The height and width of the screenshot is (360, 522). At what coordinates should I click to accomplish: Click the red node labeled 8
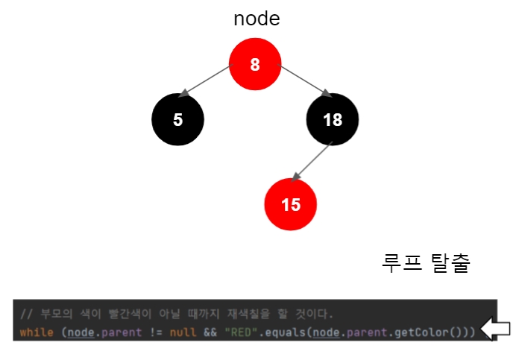[x=255, y=65]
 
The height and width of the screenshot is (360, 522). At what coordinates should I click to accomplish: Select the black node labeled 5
[x=177, y=119]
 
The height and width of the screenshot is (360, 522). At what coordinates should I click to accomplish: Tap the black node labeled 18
[x=333, y=119]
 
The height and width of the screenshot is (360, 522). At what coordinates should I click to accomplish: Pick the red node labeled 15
[x=291, y=204]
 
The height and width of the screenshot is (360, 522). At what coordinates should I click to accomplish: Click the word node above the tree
[x=257, y=19]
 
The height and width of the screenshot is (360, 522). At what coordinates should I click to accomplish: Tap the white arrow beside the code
[x=496, y=329]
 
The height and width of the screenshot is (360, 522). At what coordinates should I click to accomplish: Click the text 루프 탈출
[x=426, y=263]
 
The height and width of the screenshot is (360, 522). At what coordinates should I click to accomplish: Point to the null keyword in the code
[x=182, y=330]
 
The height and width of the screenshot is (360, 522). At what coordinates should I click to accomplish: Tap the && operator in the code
[x=210, y=330]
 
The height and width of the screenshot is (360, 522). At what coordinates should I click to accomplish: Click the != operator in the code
[x=155, y=330]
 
